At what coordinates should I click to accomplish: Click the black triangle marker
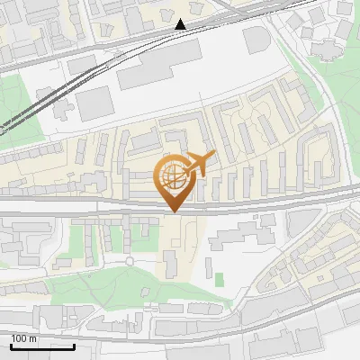tap(181, 24)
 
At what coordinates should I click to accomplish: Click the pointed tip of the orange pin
tap(174, 211)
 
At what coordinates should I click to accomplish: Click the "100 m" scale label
tap(23, 338)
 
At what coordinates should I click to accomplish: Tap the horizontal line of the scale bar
tap(42, 346)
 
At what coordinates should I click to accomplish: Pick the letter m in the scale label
tap(32, 338)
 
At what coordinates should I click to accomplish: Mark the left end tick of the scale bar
tap(11, 345)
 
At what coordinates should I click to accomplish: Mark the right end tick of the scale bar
tap(74, 345)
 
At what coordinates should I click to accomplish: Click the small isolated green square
tap(219, 279)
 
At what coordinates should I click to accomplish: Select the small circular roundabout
tap(130, 262)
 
